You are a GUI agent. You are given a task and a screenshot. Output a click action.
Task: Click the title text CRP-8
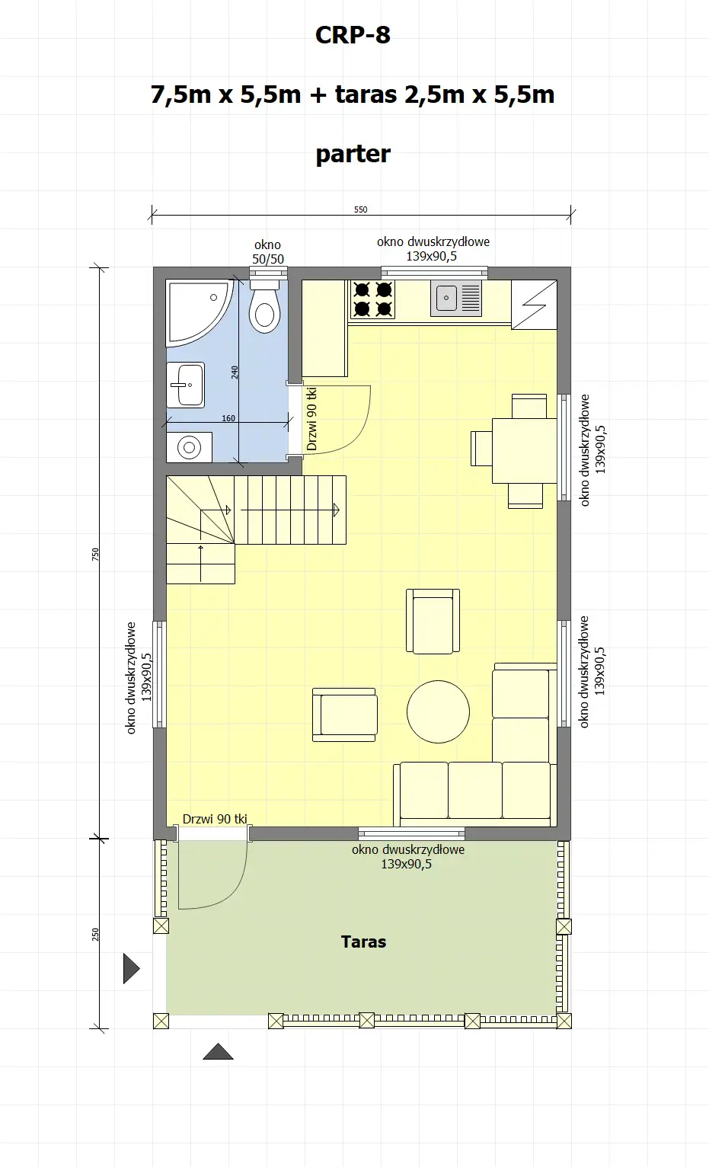coord(353,35)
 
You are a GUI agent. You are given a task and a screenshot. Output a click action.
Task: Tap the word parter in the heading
coord(353,154)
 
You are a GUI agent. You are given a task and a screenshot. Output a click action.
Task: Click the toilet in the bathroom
coord(265,309)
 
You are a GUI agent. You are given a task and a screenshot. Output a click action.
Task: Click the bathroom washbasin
coord(186,385)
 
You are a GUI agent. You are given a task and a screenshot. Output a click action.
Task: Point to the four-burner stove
coord(372,299)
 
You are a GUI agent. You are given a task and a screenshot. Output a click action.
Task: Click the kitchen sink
coord(456,298)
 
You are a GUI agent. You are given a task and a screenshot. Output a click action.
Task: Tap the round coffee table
coord(438,711)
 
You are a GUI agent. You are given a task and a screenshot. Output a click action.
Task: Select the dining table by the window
coord(524,450)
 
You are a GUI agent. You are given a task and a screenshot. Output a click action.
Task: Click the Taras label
coord(363,942)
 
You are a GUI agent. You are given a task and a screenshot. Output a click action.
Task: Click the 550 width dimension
coord(361,209)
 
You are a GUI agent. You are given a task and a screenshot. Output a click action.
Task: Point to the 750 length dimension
coord(95,554)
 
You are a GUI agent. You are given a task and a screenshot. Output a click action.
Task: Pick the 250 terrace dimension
coord(95,934)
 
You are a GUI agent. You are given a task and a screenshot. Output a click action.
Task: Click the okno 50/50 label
coord(267,252)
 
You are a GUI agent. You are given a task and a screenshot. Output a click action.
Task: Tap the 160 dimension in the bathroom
coord(228,418)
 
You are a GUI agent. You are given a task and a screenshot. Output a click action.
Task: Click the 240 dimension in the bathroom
coord(235,372)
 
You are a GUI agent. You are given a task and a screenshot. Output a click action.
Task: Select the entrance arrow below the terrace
coord(218,1052)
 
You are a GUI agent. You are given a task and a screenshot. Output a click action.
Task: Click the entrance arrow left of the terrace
coord(131,969)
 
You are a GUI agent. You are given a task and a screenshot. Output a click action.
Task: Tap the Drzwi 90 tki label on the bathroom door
coord(311,419)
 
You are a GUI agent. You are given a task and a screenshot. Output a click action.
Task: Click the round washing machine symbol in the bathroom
coord(189,447)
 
